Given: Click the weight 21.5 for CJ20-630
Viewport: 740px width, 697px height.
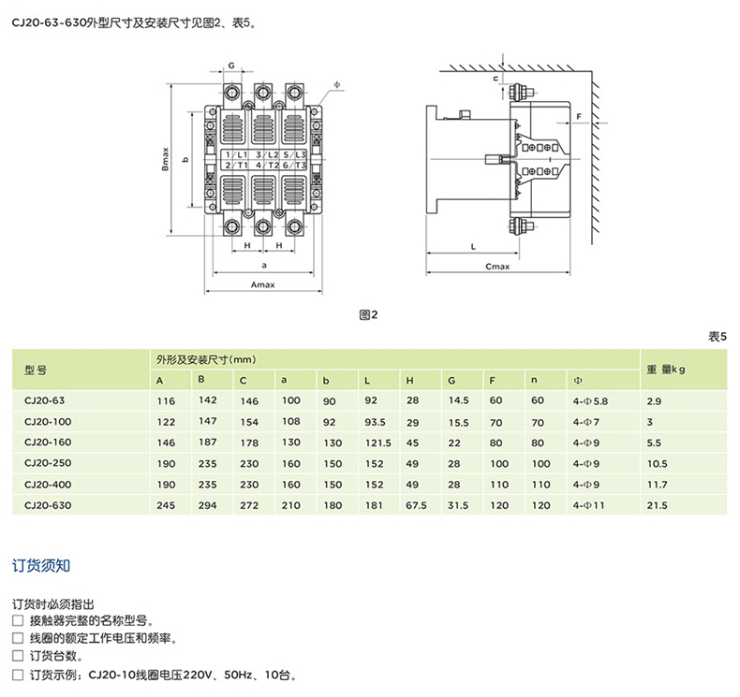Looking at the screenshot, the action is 657,505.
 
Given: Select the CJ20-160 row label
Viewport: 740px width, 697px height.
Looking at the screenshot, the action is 48,442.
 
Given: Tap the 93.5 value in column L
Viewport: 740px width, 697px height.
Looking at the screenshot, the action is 375,422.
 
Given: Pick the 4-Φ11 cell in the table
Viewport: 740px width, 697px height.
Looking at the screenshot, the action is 588,505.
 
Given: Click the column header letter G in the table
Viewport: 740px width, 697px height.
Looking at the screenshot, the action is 451,381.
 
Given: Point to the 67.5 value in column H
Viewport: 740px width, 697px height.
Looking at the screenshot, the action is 416,505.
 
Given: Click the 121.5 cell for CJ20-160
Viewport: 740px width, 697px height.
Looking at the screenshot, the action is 378,443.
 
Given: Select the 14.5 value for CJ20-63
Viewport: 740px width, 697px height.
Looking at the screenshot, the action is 458,400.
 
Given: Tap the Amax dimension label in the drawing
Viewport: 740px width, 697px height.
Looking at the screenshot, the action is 263,284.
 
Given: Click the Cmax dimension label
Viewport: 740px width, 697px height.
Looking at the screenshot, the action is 497,267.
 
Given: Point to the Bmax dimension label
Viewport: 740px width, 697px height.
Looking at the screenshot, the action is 165,159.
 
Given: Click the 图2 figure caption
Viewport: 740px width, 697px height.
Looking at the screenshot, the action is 368,314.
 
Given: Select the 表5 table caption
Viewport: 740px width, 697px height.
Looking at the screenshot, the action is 718,337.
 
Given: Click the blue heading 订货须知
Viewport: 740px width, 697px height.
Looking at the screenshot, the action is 41,565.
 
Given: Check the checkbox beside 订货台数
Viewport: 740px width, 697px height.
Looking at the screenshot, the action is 18,656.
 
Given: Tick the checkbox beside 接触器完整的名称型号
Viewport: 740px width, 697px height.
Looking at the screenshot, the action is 18,620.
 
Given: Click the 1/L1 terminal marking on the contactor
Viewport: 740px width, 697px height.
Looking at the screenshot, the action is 236,154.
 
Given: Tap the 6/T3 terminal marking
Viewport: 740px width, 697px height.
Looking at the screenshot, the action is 294,165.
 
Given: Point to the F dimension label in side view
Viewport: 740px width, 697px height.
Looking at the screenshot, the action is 579,116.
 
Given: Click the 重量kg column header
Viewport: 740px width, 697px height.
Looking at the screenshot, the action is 666,370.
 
